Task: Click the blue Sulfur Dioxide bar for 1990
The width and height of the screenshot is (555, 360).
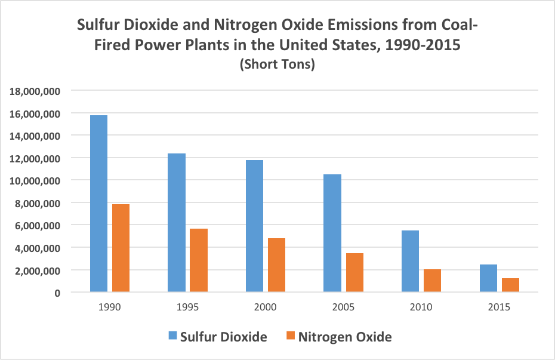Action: click(x=98, y=204)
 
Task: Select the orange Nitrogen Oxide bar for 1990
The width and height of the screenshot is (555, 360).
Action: click(x=121, y=248)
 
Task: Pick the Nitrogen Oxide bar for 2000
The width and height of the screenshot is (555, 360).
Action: click(x=276, y=265)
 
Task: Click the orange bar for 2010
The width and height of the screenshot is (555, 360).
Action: click(x=432, y=281)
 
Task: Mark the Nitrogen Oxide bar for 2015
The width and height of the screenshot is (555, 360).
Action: click(x=510, y=285)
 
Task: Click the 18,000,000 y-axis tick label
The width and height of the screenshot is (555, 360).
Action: click(x=34, y=91)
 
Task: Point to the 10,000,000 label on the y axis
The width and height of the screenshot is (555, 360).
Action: click(x=34, y=180)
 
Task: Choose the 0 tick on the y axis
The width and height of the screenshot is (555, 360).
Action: click(x=57, y=293)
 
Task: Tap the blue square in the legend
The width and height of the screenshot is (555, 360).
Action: click(x=172, y=337)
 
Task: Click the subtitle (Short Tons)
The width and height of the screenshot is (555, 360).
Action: click(x=277, y=66)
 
